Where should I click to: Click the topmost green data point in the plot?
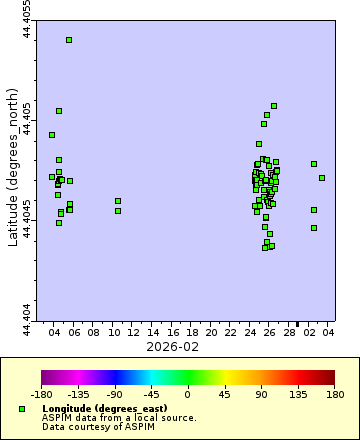coord(69,40)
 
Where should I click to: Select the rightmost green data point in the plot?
coord(322,178)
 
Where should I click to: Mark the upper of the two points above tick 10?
coord(118,201)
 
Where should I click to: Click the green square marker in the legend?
coord(22,409)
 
